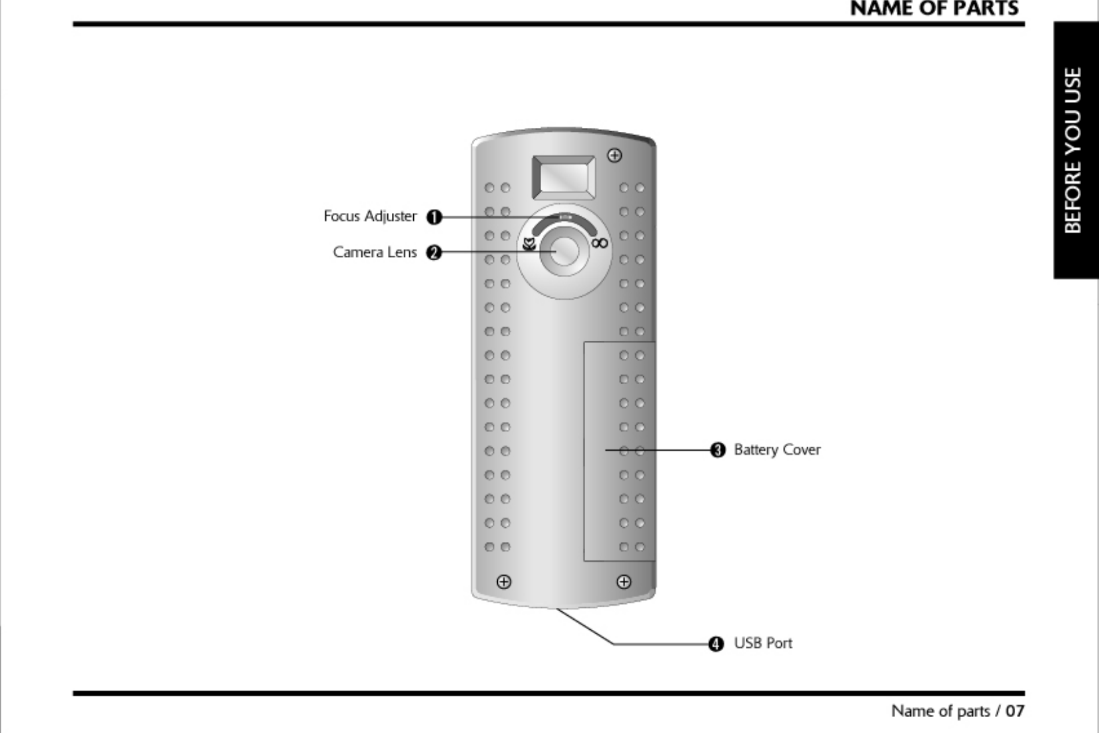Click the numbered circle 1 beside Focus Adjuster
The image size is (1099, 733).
pyautogui.click(x=434, y=217)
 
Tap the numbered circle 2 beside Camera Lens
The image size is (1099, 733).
pyautogui.click(x=434, y=252)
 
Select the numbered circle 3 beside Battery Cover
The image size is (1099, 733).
pyautogui.click(x=717, y=450)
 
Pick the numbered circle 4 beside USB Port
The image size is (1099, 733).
pyautogui.click(x=715, y=644)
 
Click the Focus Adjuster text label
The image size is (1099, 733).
pyautogui.click(x=370, y=216)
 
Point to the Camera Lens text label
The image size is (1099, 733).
pyautogui.click(x=375, y=252)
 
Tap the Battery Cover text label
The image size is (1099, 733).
pyautogui.click(x=777, y=450)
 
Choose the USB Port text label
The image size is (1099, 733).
pyautogui.click(x=763, y=644)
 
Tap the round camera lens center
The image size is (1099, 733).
pyautogui.click(x=564, y=251)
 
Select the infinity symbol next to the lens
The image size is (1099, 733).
pyautogui.click(x=599, y=244)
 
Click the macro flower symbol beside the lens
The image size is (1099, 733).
pyautogui.click(x=529, y=244)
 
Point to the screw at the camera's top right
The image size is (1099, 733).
pyautogui.click(x=614, y=156)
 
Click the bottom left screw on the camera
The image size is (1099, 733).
pyautogui.click(x=504, y=582)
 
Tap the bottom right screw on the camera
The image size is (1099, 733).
pyautogui.click(x=624, y=582)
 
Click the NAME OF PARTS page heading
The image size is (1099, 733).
pyautogui.click(x=934, y=9)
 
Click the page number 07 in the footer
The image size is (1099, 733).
pyautogui.click(x=1015, y=711)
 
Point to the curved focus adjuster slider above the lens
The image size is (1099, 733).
pyautogui.click(x=564, y=218)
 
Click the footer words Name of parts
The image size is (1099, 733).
pyautogui.click(x=940, y=711)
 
